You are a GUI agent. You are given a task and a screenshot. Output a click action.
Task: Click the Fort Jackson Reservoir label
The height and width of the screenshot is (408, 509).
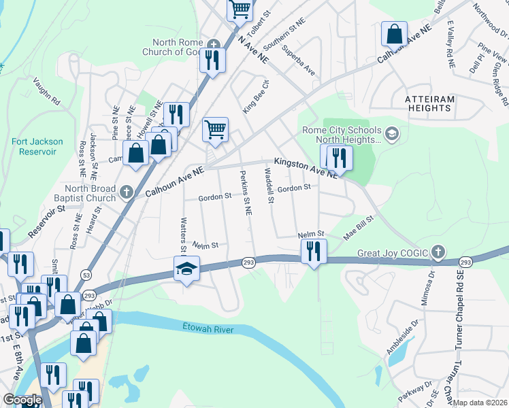click(x=37, y=146)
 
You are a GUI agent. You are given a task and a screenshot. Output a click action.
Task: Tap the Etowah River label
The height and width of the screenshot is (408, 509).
click(x=208, y=329)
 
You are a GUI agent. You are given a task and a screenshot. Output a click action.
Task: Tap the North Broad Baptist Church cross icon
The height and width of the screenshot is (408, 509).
click(x=126, y=193)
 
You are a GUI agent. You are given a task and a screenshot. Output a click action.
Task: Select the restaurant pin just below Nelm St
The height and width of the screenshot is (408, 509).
click(x=313, y=250)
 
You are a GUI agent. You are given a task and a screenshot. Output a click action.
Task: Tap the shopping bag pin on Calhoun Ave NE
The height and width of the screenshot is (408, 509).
click(x=394, y=33)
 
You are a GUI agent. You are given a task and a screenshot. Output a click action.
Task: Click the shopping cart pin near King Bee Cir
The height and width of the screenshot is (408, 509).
click(x=216, y=129)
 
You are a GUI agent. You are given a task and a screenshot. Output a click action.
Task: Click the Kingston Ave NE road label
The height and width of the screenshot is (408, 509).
click(x=306, y=167)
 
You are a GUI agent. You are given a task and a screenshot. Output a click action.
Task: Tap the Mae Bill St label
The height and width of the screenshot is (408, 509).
click(x=359, y=226)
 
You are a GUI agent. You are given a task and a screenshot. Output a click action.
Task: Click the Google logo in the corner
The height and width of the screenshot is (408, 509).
click(x=22, y=401)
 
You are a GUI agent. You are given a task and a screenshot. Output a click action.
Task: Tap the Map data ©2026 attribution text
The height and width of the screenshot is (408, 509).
click(x=480, y=403)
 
